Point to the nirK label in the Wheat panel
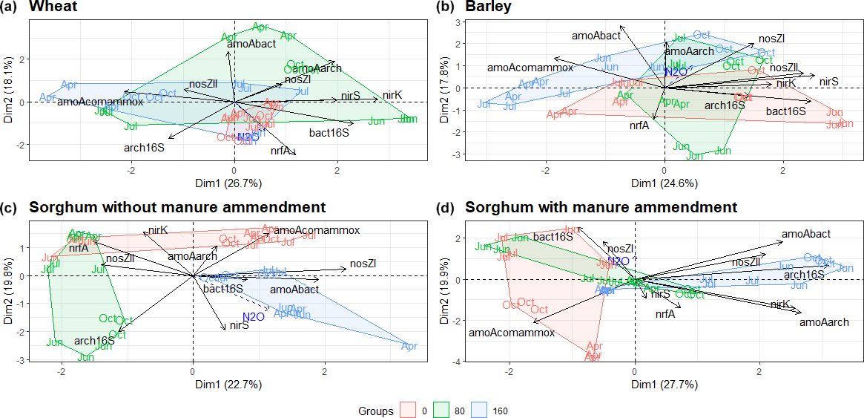click(392, 95)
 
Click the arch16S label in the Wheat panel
click(144, 148)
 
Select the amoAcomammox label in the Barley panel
click(530, 68)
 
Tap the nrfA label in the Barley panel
click(639, 125)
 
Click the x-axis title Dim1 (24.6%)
click(664, 183)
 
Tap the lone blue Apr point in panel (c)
click(409, 346)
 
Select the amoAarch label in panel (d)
click(824, 322)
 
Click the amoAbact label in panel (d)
click(806, 234)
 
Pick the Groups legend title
click(375, 409)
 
